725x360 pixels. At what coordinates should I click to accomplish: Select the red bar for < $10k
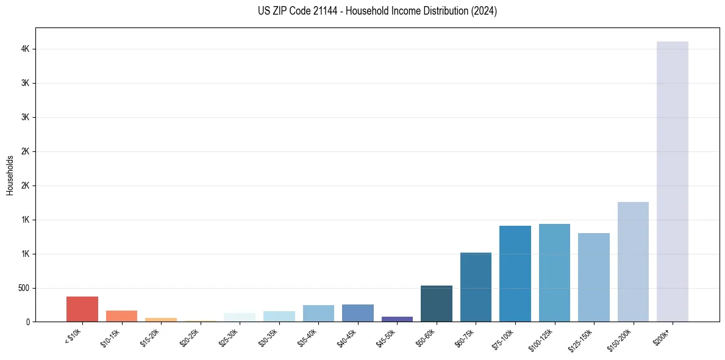point(82,309)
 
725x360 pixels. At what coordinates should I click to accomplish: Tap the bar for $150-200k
point(633,262)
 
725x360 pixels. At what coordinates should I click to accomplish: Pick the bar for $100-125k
point(554,273)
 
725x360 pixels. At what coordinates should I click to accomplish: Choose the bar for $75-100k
point(515,273)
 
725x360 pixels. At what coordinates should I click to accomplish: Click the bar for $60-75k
point(476,287)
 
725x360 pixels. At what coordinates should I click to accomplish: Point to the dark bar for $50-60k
point(437,303)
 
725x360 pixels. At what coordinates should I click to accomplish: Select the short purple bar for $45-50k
point(397,319)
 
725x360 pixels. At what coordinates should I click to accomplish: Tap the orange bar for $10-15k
point(121,316)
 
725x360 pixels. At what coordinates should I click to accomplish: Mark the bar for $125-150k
point(594,277)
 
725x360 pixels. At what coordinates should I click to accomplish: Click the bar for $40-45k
point(358,313)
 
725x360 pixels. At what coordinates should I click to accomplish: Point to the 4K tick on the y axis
point(25,49)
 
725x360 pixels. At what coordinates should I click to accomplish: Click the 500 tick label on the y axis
point(24,288)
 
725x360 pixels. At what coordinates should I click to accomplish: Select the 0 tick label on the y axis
point(28,322)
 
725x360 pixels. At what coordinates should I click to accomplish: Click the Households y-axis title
point(10,175)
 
